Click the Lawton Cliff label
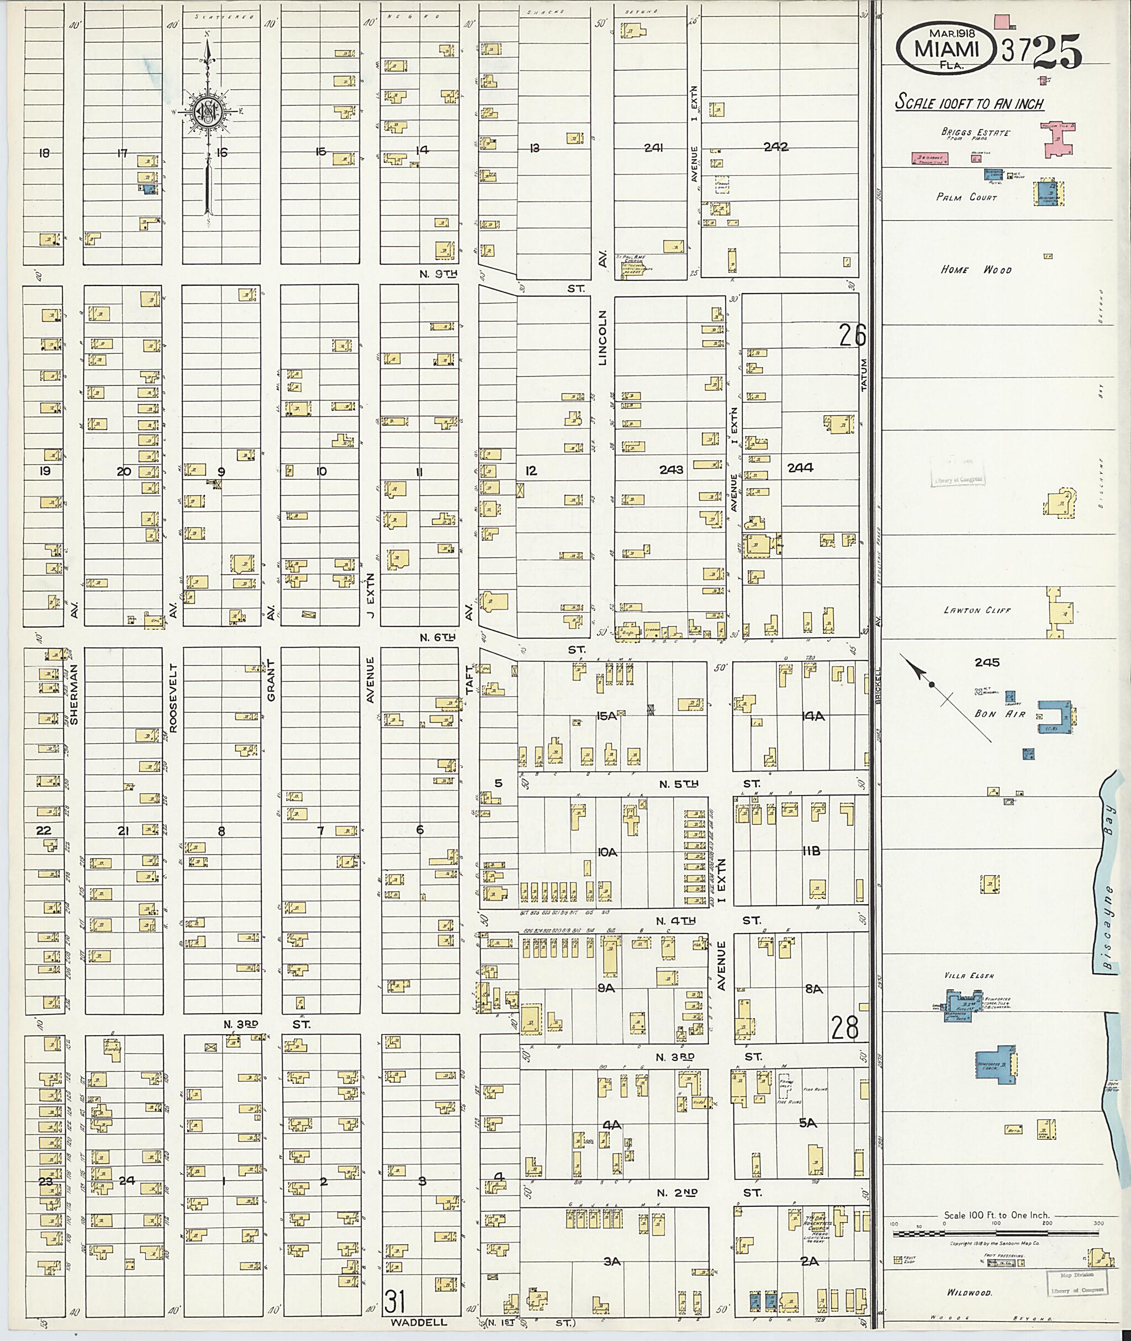976,610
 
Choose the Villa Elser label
969,976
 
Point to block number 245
987,662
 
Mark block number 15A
606,716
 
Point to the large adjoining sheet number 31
395,1301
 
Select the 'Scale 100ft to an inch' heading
969,103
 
